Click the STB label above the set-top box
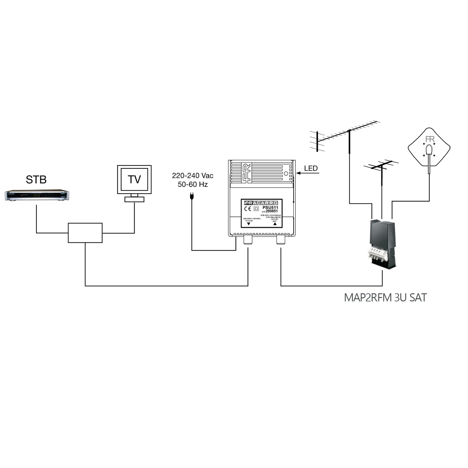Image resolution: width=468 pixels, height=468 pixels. point(36,179)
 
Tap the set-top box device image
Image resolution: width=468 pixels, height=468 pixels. point(37,196)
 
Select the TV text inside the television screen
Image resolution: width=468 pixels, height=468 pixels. point(134,179)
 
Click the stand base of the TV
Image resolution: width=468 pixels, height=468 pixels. point(134,199)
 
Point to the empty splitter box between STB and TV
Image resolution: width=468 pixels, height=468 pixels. point(85,233)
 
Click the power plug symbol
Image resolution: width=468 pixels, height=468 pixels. point(191,196)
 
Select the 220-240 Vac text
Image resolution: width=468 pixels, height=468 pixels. point(193,176)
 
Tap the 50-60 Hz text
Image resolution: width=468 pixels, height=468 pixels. point(193,184)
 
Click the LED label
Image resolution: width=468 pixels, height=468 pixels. point(311,168)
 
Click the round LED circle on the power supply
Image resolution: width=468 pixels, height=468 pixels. point(286,174)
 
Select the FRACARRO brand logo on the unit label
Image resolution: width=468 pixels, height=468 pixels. point(261,203)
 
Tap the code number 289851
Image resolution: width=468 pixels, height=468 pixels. point(272,211)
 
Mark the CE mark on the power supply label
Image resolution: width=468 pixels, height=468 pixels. point(248,209)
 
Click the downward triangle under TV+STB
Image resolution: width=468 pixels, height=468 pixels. point(249,224)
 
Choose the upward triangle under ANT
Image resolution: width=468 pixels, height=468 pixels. point(275,224)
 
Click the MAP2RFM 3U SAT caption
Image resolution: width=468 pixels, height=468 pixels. point(385,298)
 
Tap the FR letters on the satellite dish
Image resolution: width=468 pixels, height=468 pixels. point(430,139)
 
